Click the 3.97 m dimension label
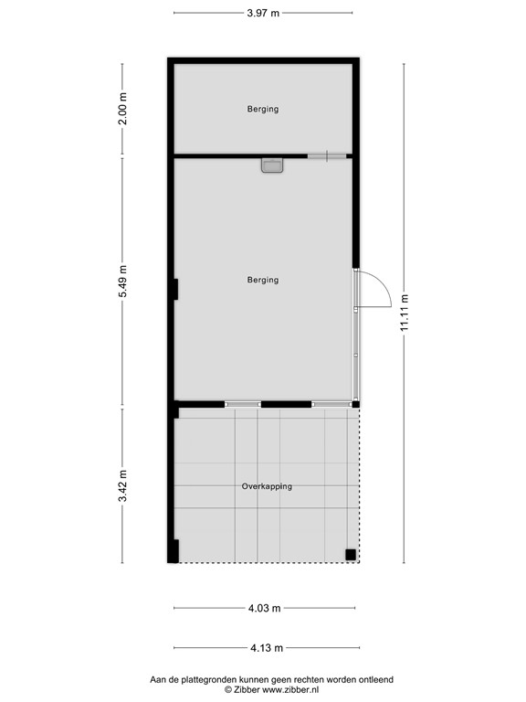263,13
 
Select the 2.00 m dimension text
124,109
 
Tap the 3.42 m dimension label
124,485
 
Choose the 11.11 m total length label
403,314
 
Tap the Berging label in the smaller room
263,110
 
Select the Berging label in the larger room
263,280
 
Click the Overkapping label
267,486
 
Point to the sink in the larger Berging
272,165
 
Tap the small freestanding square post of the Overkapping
350,553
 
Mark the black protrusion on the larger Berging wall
174,289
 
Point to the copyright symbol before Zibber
228,690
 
